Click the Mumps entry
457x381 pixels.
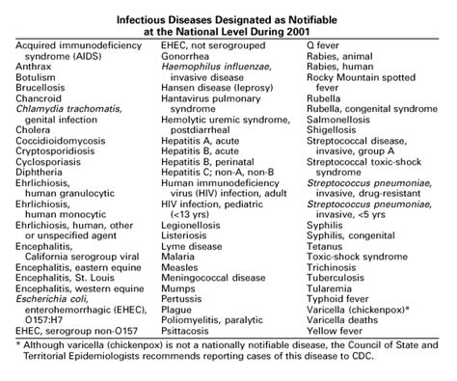tap(175, 313)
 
